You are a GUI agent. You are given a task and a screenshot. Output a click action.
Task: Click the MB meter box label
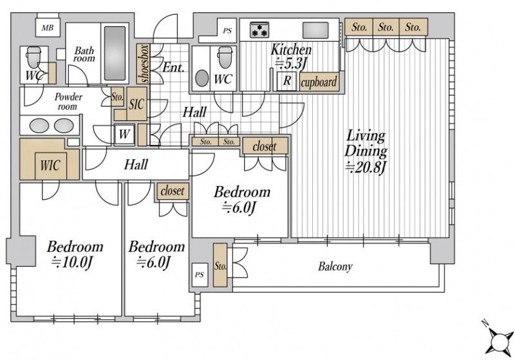48,28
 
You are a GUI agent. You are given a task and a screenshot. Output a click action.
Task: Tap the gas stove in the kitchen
259,30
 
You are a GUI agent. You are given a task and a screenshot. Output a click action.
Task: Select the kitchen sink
315,30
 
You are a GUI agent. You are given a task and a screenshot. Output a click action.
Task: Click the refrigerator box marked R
286,81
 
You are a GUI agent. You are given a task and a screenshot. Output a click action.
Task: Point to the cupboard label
319,82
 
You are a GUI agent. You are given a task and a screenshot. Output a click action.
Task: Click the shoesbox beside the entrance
144,64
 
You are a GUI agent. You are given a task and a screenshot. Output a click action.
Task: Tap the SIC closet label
136,104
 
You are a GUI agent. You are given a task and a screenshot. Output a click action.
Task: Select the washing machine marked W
124,134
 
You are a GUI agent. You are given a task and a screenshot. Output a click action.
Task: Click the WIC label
51,166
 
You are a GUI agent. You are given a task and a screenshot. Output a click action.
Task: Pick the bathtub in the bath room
115,53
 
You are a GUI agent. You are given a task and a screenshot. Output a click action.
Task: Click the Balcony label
335,267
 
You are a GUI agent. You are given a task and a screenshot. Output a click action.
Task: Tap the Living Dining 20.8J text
366,152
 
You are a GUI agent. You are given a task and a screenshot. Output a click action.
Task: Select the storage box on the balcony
220,265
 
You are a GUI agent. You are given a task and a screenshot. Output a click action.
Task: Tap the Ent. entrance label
173,68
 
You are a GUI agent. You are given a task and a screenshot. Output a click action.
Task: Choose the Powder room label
68,102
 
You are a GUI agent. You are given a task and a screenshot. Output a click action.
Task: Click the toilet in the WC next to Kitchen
225,57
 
